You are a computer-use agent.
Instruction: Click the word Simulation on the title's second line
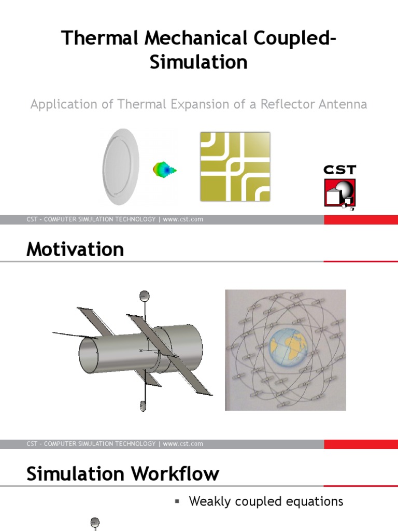(x=198, y=62)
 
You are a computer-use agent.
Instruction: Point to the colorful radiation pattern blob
(x=164, y=169)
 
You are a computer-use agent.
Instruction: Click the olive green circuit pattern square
(x=235, y=166)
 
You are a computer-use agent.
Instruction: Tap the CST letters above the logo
(x=339, y=170)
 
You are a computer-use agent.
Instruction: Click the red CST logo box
(x=339, y=193)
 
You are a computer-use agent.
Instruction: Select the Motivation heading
(x=75, y=250)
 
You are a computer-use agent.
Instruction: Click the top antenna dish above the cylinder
(x=145, y=296)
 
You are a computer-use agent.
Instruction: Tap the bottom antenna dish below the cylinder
(x=143, y=406)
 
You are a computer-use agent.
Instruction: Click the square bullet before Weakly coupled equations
(x=177, y=501)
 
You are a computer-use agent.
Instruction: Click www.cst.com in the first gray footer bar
(x=183, y=219)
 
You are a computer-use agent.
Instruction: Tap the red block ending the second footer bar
(x=361, y=444)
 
